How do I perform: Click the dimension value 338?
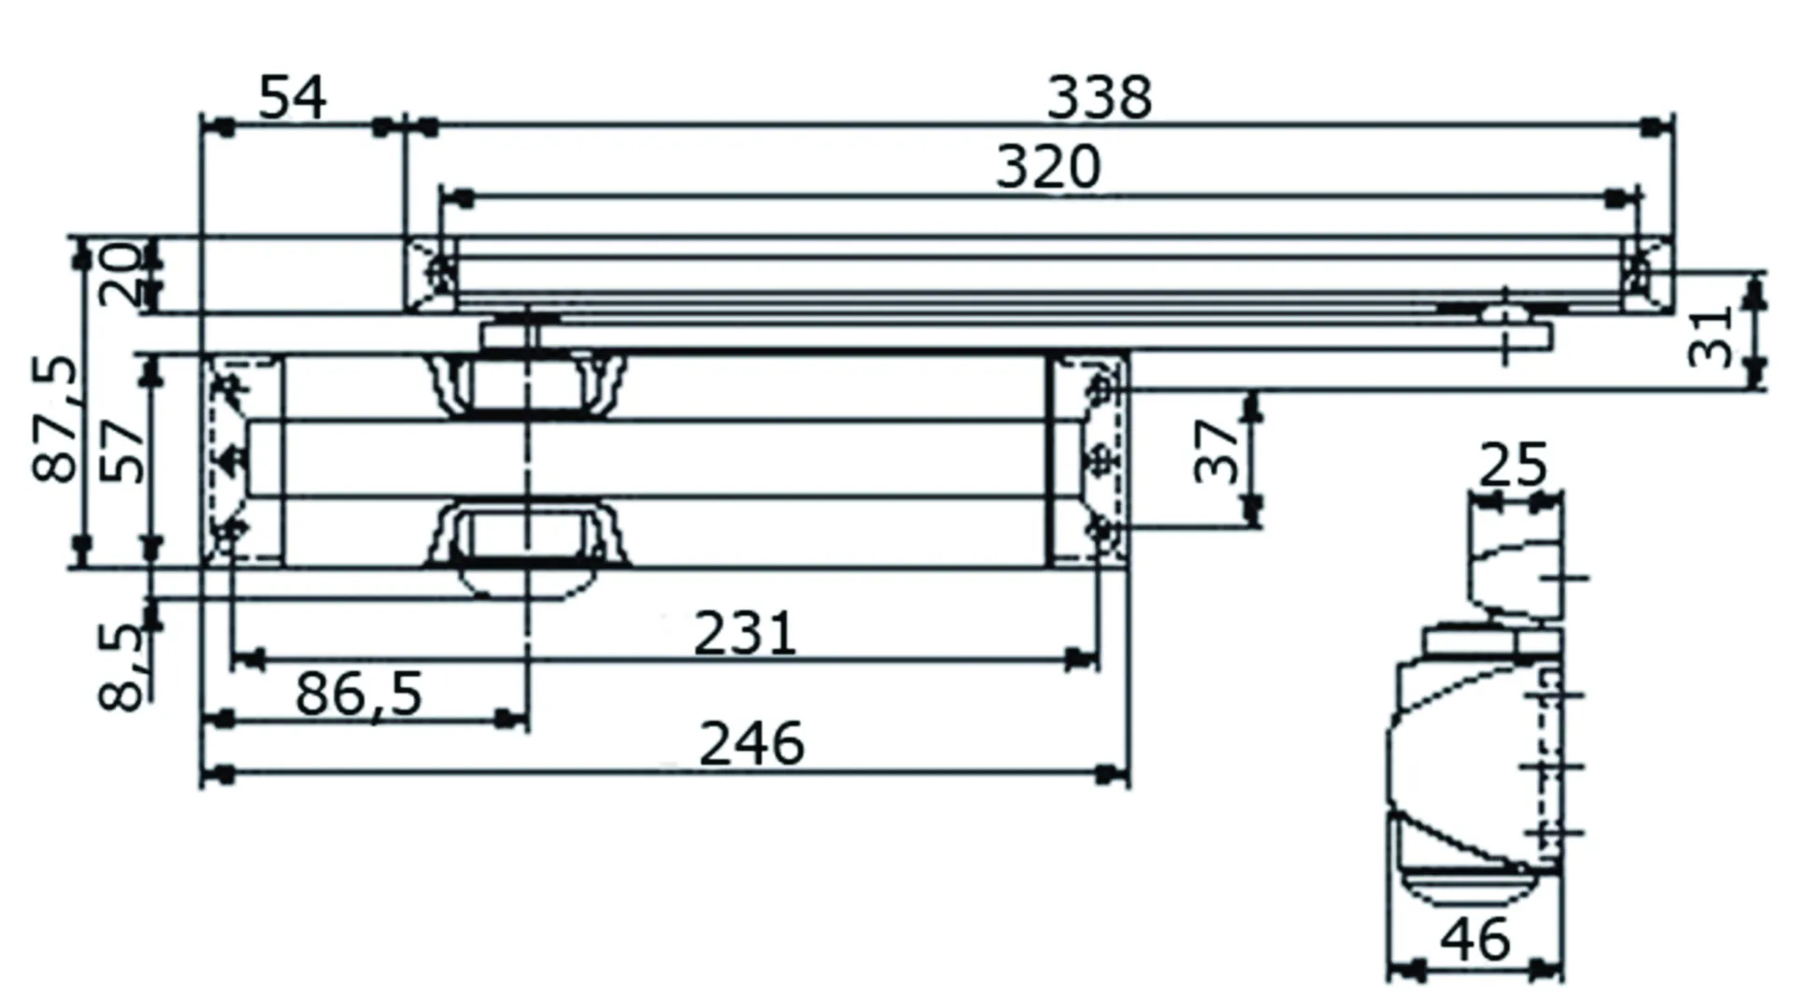click(1099, 97)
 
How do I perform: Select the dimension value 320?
click(1047, 168)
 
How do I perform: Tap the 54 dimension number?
click(292, 98)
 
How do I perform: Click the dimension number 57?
click(123, 451)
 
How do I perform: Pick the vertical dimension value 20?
click(121, 275)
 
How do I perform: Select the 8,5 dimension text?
click(122, 668)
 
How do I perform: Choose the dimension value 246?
click(751, 745)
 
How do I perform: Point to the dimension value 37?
click(1217, 451)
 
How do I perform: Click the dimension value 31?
click(1712, 337)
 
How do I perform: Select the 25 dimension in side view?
click(1513, 466)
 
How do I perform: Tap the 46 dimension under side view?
click(1474, 940)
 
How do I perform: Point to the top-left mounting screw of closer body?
click(229, 385)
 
